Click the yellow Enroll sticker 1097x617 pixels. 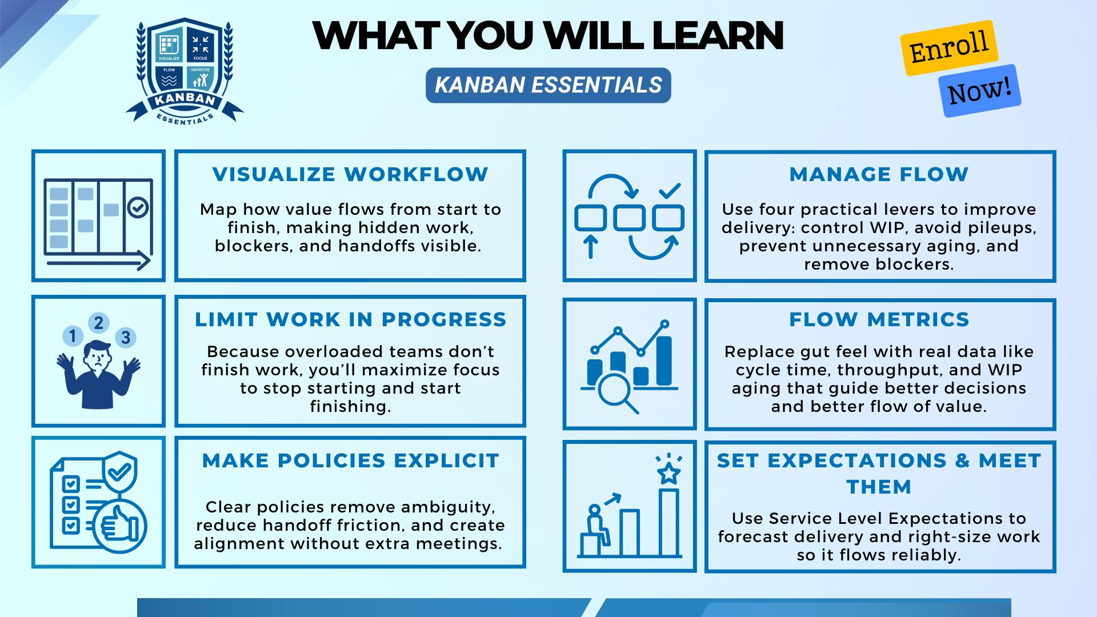click(x=949, y=48)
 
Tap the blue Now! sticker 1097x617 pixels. click(x=980, y=91)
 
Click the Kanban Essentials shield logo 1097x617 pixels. click(x=185, y=71)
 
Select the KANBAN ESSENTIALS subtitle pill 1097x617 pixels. click(x=548, y=85)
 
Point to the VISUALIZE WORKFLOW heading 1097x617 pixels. click(x=350, y=174)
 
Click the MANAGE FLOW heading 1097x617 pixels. click(x=879, y=174)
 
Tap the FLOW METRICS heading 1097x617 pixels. click(x=879, y=319)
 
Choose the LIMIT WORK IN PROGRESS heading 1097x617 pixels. click(x=351, y=319)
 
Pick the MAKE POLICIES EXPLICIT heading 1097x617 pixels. click(x=351, y=460)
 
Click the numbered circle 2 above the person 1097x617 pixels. click(x=99, y=323)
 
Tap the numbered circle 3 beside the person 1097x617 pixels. click(x=126, y=338)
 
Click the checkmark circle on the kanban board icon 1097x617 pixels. click(x=138, y=208)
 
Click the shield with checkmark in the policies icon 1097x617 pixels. click(x=119, y=473)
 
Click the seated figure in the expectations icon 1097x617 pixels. click(x=596, y=524)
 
